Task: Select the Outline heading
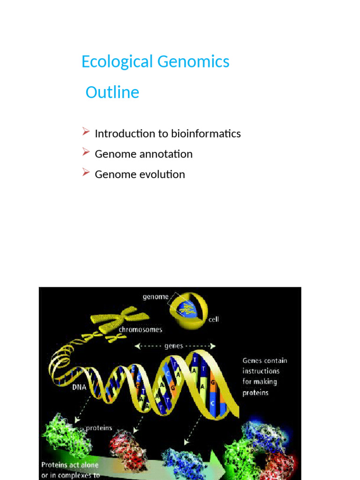pyautogui.click(x=112, y=92)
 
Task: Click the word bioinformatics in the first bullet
pyautogui.click(x=206, y=134)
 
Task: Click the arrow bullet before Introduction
pyautogui.click(x=86, y=133)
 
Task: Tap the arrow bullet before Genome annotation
pyautogui.click(x=86, y=153)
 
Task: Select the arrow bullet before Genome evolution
pyautogui.click(x=86, y=173)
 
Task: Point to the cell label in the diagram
pyautogui.click(x=214, y=320)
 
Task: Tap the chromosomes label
pyautogui.click(x=140, y=330)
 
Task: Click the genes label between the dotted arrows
pyautogui.click(x=174, y=346)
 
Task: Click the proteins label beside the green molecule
pyautogui.click(x=99, y=428)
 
